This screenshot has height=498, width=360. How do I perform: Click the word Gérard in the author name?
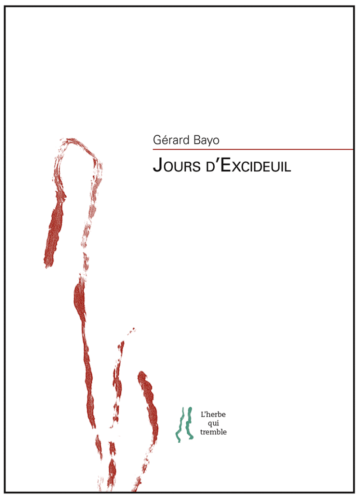tap(171, 140)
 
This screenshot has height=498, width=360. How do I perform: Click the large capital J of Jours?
tap(157, 166)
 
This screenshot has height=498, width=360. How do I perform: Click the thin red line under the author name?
tap(252, 149)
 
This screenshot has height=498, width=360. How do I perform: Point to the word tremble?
tap(213, 432)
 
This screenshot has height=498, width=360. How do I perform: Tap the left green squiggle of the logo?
tap(179, 425)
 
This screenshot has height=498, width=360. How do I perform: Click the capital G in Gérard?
tap(157, 140)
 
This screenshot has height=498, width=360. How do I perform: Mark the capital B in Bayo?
tap(194, 140)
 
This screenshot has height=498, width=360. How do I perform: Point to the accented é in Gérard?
tap(163, 140)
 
